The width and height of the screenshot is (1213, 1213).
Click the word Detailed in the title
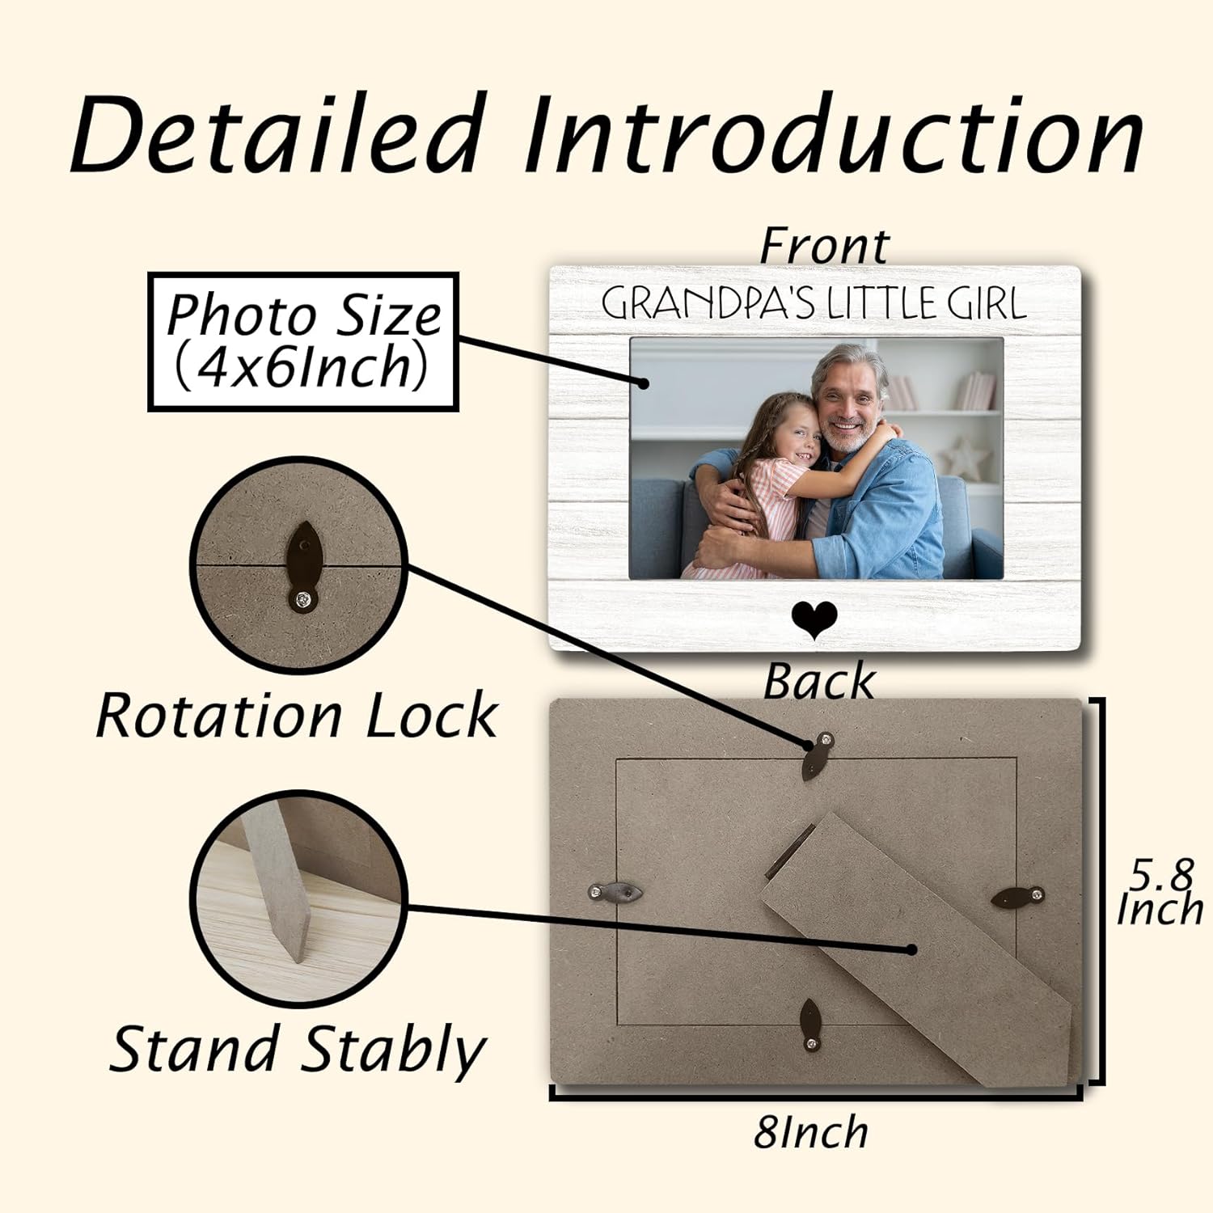279,133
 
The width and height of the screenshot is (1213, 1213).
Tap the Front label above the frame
823,246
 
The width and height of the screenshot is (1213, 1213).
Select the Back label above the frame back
818,681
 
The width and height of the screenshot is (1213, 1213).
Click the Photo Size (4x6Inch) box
303,341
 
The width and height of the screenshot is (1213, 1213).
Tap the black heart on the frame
814,621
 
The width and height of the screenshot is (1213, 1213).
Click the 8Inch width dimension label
810,1132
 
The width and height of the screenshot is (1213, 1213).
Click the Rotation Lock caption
296,716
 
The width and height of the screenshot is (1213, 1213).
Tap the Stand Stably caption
298,1050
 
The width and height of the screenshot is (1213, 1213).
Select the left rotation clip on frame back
616,893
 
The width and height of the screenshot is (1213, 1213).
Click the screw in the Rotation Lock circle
302,599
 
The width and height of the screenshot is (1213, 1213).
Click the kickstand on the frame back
914,946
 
